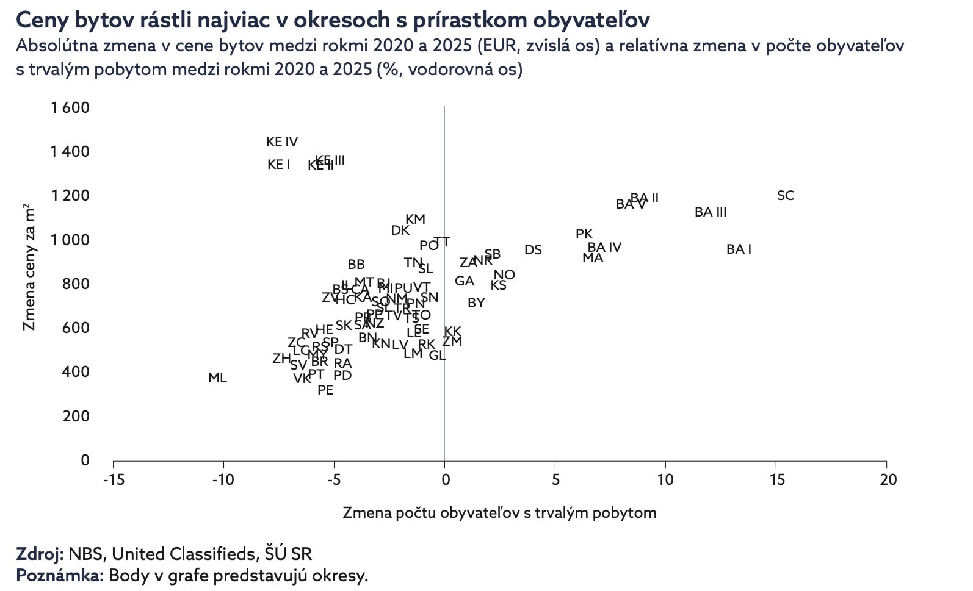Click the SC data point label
click(785, 196)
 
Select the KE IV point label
click(282, 142)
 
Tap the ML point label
click(217, 378)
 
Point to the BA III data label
click(711, 212)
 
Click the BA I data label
click(739, 249)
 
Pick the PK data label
click(584, 234)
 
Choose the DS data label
click(533, 250)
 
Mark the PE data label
click(325, 390)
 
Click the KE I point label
click(278, 165)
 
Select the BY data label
click(476, 303)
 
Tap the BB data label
click(356, 265)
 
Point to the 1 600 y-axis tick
click(70, 108)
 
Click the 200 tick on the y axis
click(76, 417)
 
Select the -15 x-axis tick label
click(114, 480)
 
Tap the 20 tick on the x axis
click(888, 480)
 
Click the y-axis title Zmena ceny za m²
click(29, 268)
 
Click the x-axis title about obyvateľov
click(499, 512)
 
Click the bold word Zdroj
click(39, 554)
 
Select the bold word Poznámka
click(59, 575)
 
